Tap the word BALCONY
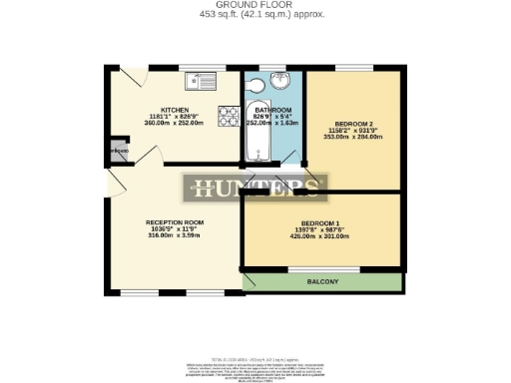(322, 282)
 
